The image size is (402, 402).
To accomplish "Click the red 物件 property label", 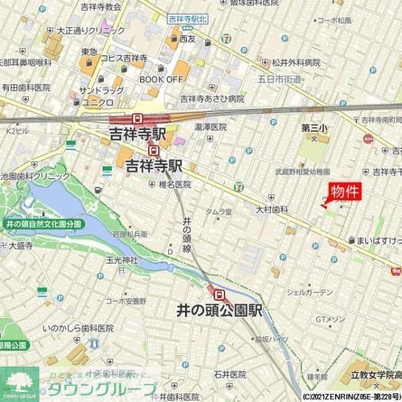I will (x=346, y=191).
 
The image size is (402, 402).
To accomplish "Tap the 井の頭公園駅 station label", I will (x=219, y=311).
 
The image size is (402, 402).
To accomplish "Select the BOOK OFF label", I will (x=161, y=79).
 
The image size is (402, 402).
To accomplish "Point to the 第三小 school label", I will (x=314, y=127).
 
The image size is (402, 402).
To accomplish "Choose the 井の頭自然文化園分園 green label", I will (x=43, y=223).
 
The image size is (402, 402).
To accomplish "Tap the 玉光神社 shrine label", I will (x=121, y=260).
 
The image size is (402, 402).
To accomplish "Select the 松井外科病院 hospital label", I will (x=295, y=62).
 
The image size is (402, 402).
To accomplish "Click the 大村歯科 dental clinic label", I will (x=271, y=210).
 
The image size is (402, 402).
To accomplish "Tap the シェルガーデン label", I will (x=309, y=292).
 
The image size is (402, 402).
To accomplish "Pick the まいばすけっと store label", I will (x=379, y=239).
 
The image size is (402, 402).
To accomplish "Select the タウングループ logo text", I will (x=100, y=389).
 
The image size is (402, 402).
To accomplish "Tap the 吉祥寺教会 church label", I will (x=100, y=7).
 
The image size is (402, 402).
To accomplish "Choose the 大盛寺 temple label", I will (x=21, y=246).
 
